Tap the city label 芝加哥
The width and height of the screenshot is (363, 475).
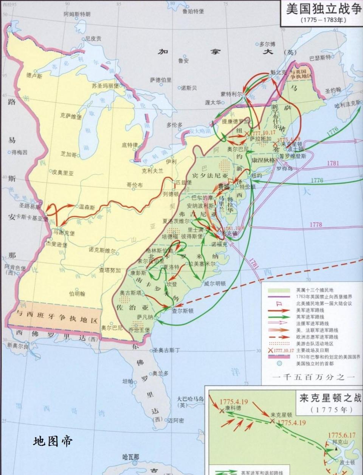point(68,154)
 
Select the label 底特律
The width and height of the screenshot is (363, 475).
point(130,145)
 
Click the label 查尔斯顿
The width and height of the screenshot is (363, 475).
point(183,311)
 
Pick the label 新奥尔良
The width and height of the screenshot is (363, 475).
point(17,346)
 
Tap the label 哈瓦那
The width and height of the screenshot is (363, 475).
point(131,457)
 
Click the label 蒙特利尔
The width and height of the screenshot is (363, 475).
point(231,94)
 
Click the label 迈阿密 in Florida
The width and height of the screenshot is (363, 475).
point(176,420)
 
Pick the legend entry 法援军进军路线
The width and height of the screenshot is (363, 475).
point(312,323)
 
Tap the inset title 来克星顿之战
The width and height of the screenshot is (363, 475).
point(330,398)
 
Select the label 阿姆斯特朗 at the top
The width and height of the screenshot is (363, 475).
point(77,14)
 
